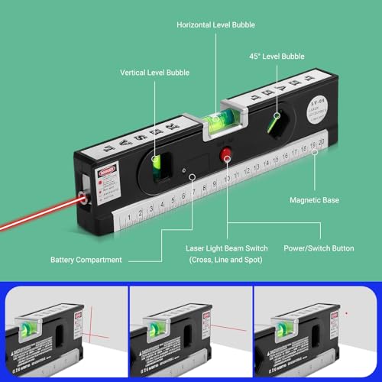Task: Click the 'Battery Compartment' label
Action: point(86,260)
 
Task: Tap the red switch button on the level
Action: point(226,155)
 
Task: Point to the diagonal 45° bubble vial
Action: point(273,121)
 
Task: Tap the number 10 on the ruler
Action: point(228,180)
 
